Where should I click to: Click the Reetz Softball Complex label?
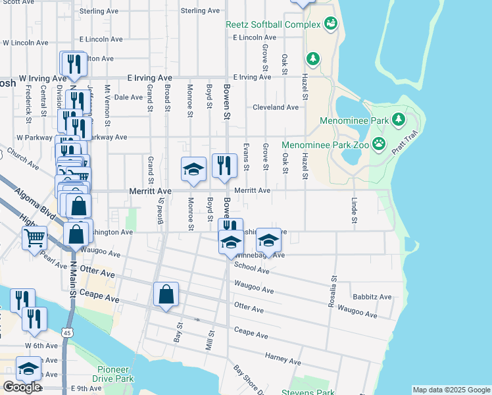coord(273,24)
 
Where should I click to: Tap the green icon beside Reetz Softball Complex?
coord(331,24)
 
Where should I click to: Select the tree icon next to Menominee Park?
coord(397,120)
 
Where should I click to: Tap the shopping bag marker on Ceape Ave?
coord(166,295)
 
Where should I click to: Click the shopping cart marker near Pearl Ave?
coord(34,238)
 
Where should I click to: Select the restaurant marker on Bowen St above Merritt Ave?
coord(224,166)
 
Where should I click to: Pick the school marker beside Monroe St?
coord(193,169)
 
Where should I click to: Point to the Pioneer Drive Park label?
coord(115,374)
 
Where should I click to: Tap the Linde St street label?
coord(354,211)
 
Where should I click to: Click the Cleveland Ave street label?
coord(276,107)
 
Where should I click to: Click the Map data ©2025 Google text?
coord(451,390)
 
